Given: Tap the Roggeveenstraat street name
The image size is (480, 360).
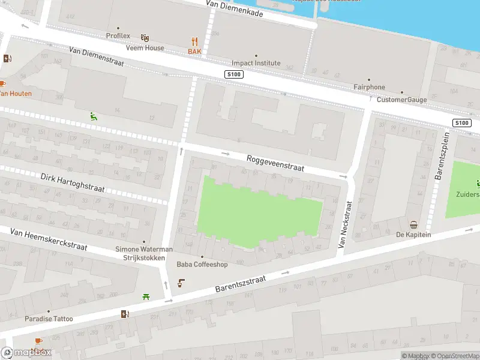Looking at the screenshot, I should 275,163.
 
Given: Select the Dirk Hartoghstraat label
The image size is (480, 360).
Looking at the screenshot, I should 73,183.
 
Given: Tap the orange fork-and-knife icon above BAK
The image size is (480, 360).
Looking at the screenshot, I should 194,41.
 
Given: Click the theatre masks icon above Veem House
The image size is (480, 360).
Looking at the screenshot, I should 145,38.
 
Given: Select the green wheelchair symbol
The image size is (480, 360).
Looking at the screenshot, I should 93,116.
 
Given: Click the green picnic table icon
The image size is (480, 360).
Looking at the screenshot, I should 146,296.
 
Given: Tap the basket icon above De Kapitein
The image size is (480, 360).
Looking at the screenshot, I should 413,225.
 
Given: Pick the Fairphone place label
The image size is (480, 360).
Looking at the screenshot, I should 369,87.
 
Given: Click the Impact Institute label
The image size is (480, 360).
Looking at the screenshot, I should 256,63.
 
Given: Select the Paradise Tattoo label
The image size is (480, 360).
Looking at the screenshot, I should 49,319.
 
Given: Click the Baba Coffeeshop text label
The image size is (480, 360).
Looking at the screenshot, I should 202,264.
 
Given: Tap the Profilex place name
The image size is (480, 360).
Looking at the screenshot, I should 118,36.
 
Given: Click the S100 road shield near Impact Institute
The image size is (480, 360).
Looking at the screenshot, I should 233,74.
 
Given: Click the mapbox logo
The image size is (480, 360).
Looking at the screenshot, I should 26,353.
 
